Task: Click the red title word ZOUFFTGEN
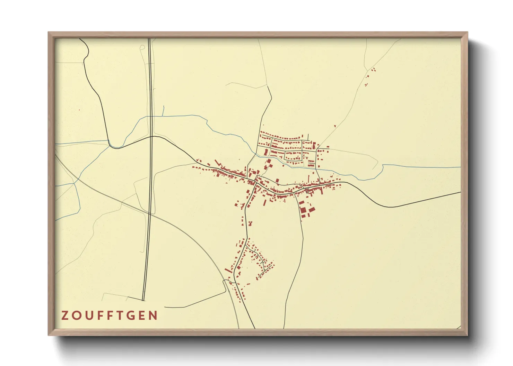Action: click(110, 315)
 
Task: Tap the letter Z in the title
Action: click(65, 315)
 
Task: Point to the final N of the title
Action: click(154, 315)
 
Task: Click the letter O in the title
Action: click(76, 315)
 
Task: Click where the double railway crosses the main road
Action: click(151, 137)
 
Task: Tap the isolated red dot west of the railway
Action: click(79, 110)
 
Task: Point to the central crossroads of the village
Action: click(256, 180)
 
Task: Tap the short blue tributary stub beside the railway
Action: click(163, 111)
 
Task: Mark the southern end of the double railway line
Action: click(143, 300)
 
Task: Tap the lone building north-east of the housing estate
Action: click(335, 126)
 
